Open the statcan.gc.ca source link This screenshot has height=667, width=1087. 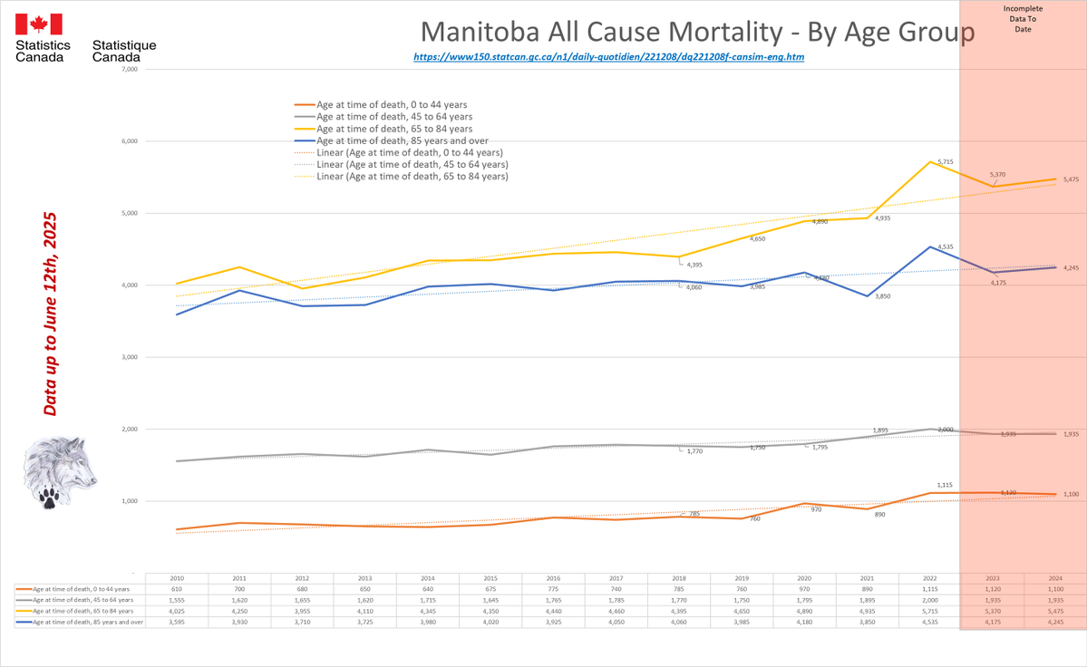[x=608, y=56]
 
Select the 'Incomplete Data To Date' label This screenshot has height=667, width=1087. [x=1023, y=19]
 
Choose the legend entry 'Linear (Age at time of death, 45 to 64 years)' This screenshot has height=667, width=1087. [x=412, y=165]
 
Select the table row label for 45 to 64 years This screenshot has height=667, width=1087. [x=81, y=600]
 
